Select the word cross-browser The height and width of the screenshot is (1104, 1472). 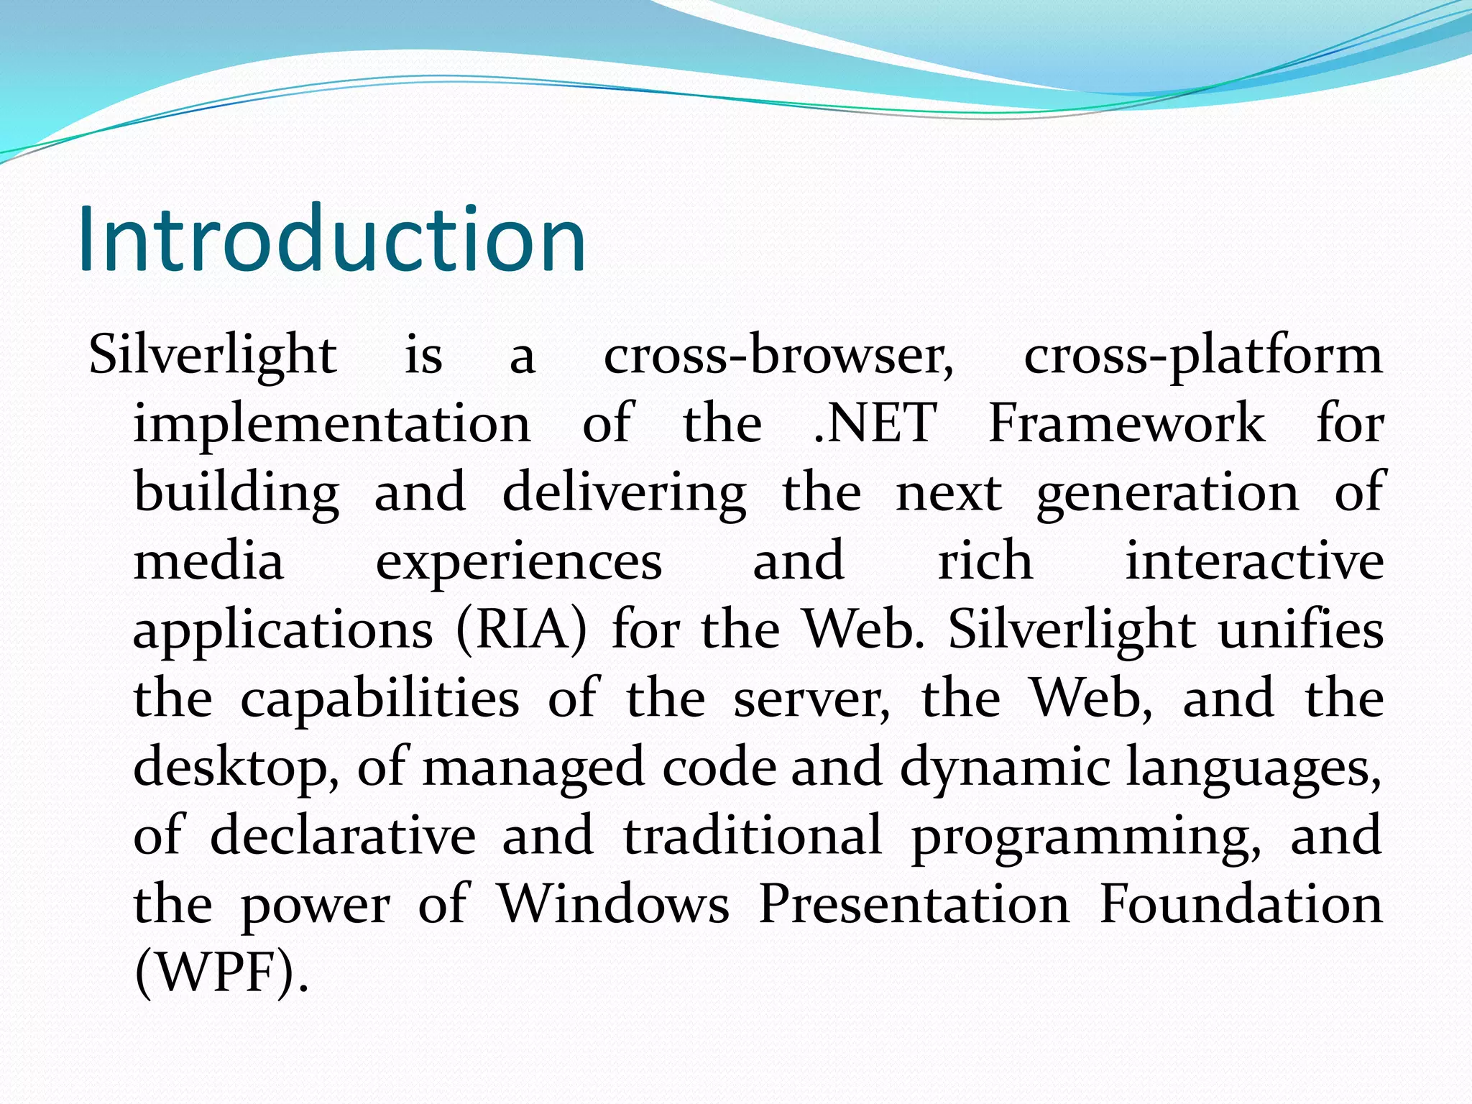coord(778,355)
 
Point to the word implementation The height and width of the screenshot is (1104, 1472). coord(332,424)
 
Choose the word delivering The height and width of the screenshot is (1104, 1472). coord(624,494)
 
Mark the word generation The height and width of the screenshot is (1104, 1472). coord(1167,494)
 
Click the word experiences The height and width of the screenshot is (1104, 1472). coord(519,563)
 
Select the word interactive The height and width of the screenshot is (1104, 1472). coord(1254,561)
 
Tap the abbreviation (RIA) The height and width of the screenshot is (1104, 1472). coord(522,630)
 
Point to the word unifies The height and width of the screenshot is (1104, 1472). coord(1301,630)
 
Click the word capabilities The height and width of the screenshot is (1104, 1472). coord(379,700)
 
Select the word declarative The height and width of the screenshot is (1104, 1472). coord(343,836)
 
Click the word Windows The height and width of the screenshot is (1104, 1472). coord(615,903)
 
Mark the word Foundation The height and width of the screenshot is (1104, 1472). coord(1241,903)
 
